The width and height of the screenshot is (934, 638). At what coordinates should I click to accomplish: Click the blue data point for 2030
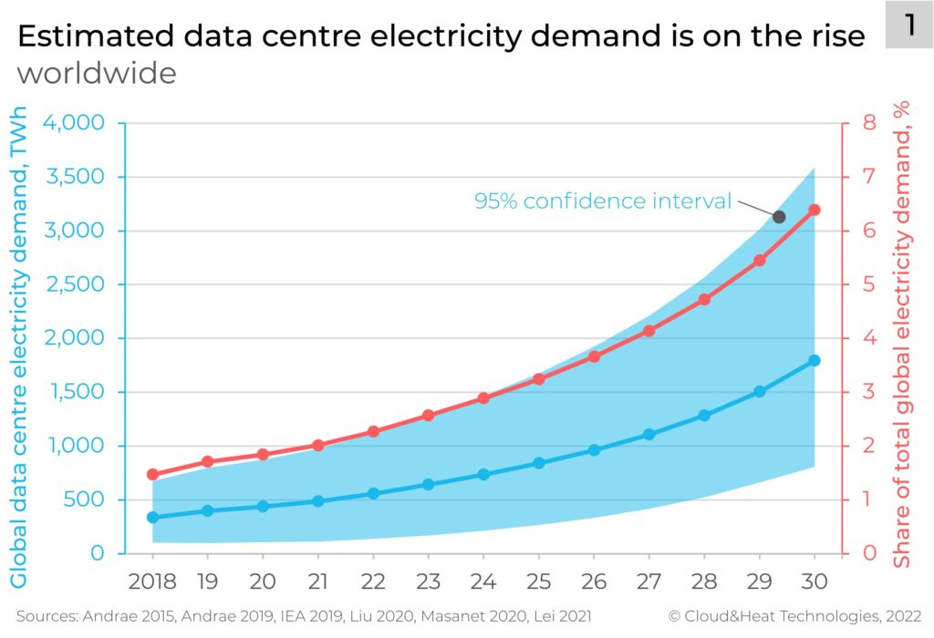click(815, 361)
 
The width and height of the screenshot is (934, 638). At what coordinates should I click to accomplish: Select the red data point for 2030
click(815, 210)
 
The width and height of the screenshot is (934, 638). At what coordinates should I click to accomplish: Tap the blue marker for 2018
click(152, 517)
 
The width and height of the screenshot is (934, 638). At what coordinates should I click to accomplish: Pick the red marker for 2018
click(152, 475)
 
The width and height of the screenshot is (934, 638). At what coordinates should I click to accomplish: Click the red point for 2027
click(649, 331)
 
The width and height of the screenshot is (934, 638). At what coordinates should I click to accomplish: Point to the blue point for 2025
click(538, 463)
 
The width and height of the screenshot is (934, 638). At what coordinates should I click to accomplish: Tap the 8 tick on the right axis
click(869, 123)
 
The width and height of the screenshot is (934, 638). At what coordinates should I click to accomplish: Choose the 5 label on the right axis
click(869, 284)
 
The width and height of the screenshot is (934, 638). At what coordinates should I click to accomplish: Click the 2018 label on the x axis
click(152, 580)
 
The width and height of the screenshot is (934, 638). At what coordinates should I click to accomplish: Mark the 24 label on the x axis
click(483, 580)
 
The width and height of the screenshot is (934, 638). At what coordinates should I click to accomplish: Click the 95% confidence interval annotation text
click(603, 201)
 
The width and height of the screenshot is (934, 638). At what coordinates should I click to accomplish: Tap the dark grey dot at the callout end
click(779, 217)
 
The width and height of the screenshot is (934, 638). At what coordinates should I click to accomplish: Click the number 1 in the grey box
click(909, 26)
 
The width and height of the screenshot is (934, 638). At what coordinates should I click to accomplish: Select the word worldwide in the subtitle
click(96, 73)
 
